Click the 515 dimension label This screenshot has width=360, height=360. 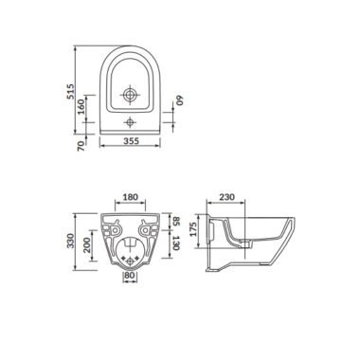[71, 92]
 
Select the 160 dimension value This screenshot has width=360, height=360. [81, 107]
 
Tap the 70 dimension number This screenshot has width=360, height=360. [81, 145]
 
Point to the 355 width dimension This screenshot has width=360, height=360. [131, 141]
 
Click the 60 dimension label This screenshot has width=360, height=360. [180, 100]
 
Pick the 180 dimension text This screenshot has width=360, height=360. [130, 197]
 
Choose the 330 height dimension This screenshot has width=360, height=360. [70, 241]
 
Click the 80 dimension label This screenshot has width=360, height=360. [130, 275]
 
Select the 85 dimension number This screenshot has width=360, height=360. [176, 221]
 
